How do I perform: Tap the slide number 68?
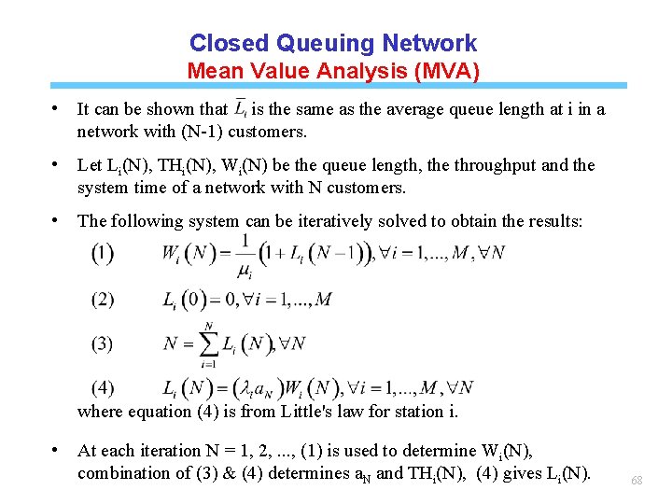pos(637,480)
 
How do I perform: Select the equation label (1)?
pos(103,254)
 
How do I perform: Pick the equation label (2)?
pos(103,299)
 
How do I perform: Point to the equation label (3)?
pos(103,343)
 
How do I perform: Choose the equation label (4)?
pos(103,387)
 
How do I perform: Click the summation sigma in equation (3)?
pos(208,343)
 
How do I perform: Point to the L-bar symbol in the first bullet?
pos(241,107)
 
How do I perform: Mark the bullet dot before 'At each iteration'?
pos(58,450)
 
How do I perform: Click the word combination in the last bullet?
pos(125,473)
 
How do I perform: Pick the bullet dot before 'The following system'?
pos(58,220)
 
